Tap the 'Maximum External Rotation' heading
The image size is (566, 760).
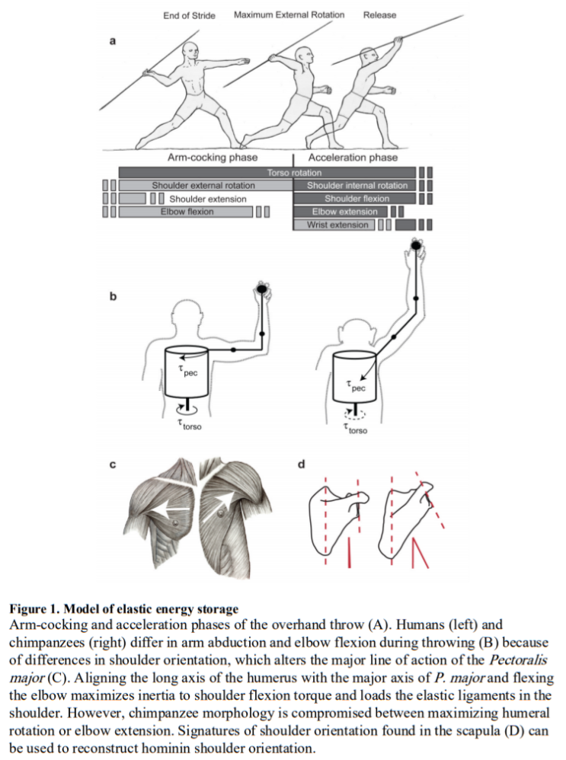289,15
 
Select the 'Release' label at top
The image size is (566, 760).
379,15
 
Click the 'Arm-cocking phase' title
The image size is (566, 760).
203,158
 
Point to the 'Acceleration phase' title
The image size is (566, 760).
353,158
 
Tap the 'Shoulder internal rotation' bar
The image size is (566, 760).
357,186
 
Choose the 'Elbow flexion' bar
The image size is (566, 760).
187,212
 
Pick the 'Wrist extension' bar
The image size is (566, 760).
337,225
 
